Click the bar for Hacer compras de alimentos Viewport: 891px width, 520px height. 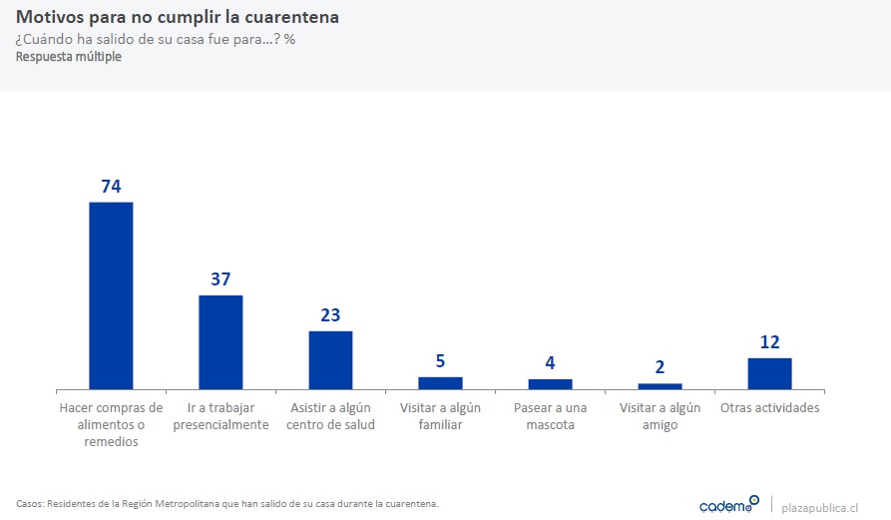pyautogui.click(x=111, y=295)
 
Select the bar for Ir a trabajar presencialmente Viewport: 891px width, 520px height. pyautogui.click(x=221, y=341)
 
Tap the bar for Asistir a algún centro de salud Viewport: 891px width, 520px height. pyautogui.click(x=330, y=359)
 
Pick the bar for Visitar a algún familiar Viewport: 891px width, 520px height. pyautogui.click(x=440, y=382)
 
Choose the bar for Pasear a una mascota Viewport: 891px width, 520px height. pyautogui.click(x=550, y=383)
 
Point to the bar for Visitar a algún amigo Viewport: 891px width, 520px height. pyautogui.click(x=660, y=385)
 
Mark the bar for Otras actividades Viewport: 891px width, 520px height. pyautogui.click(x=769, y=373)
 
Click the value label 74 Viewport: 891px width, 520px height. pyautogui.click(x=111, y=187)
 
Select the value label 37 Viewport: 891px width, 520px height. pyautogui.click(x=221, y=279)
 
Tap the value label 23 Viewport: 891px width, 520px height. pyautogui.click(x=330, y=315)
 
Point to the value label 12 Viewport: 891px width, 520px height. pyautogui.click(x=769, y=342)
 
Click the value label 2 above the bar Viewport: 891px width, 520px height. pyautogui.click(x=660, y=367)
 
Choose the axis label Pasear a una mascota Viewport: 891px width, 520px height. pyautogui.click(x=550, y=416)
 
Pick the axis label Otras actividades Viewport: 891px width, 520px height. pyautogui.click(x=769, y=408)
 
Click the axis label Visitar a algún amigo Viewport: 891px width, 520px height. pyautogui.click(x=660, y=416)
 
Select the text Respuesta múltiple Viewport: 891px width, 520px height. pyautogui.click(x=68, y=57)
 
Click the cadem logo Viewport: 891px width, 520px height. pyautogui.click(x=728, y=505)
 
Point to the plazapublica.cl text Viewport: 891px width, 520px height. pyautogui.click(x=821, y=506)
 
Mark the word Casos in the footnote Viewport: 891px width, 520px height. pyautogui.click(x=30, y=503)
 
